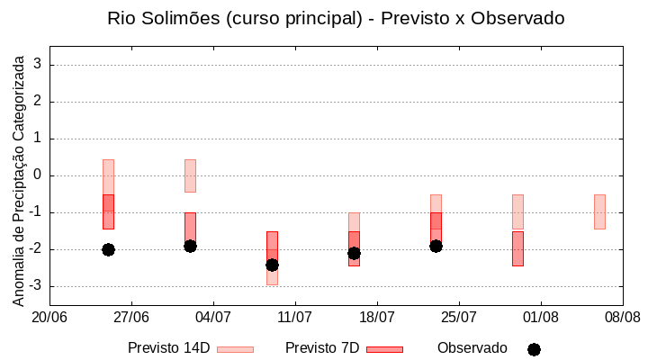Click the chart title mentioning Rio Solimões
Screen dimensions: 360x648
coord(335,18)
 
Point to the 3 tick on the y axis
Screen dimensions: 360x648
coord(38,65)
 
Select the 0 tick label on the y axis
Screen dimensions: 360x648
coord(38,175)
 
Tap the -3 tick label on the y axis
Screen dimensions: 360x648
coord(34,286)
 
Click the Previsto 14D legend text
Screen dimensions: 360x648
coord(168,348)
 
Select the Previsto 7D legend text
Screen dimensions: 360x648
coord(322,348)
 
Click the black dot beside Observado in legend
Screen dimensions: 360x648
coord(534,349)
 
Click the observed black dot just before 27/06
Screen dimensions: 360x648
coord(108,249)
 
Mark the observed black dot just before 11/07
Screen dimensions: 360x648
coord(272,265)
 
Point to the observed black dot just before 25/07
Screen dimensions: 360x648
coord(436,246)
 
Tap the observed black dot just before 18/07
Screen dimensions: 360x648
coord(354,253)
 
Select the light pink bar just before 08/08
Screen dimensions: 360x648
coord(599,211)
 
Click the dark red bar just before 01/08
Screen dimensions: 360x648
coord(517,248)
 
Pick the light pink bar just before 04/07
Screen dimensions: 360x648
coord(190,175)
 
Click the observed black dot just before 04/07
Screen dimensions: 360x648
coord(190,246)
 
